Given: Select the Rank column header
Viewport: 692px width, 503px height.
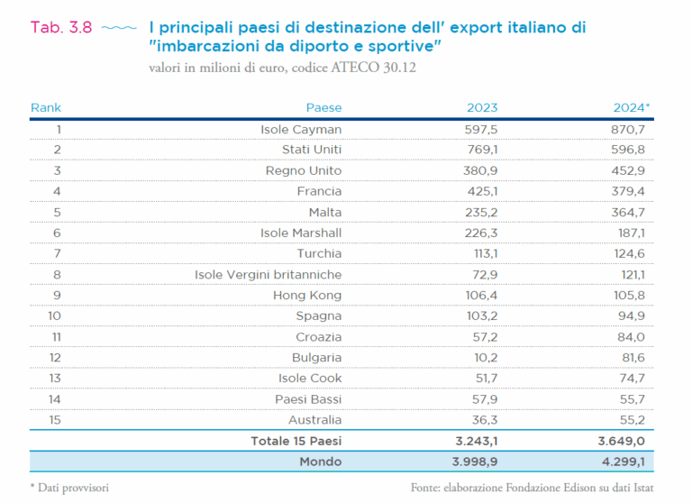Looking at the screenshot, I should click(46, 107).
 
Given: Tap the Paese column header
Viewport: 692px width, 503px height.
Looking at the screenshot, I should click(323, 107).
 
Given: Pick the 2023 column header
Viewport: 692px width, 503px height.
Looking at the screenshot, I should click(481, 107).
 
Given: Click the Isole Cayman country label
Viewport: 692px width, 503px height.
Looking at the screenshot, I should click(301, 129).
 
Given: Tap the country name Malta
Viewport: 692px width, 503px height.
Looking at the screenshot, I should click(324, 212).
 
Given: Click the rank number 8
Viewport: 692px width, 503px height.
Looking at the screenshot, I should click(57, 274).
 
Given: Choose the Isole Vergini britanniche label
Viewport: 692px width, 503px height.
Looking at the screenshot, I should click(269, 274).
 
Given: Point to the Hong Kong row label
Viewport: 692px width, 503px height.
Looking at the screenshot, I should click(307, 295).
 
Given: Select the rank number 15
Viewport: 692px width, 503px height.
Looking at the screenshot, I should click(57, 419).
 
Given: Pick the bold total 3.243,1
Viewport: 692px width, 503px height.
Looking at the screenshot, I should click(473, 441).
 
